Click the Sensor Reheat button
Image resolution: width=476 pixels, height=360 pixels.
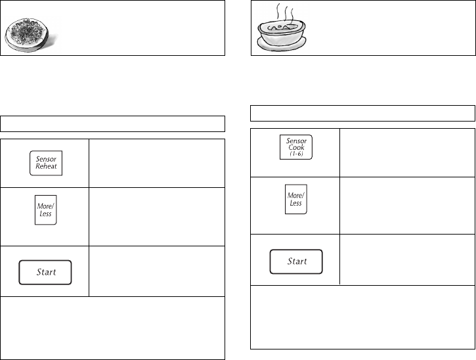coord(46,162)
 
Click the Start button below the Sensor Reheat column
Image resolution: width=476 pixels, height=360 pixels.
coord(45,271)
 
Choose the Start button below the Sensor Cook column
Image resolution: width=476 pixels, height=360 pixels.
coord(297,261)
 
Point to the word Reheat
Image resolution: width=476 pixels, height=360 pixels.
coord(46,166)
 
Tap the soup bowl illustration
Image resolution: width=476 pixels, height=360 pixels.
coord(281,33)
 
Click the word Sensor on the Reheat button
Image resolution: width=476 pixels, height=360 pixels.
coord(46,158)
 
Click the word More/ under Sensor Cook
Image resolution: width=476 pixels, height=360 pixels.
coord(295,196)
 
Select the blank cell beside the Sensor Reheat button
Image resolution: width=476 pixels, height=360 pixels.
coord(156,162)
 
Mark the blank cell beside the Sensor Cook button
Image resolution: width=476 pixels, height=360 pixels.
coord(407,152)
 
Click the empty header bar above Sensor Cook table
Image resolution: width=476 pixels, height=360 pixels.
coord(363,112)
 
